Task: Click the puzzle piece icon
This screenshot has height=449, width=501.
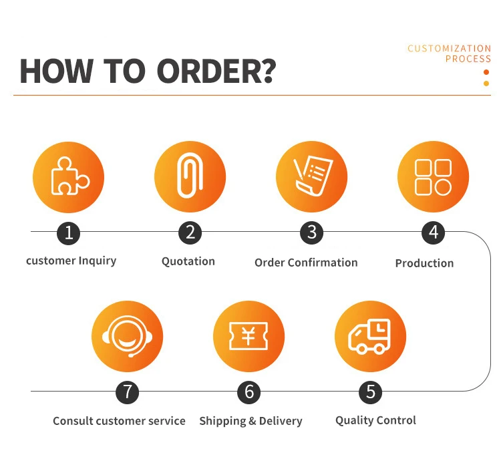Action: tap(69, 177)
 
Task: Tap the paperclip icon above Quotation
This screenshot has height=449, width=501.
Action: tap(190, 177)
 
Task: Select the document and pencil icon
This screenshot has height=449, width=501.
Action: tap(311, 177)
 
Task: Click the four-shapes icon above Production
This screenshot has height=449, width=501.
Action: tap(433, 177)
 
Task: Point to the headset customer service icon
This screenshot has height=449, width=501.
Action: tap(128, 336)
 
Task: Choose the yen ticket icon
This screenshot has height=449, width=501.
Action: tap(248, 336)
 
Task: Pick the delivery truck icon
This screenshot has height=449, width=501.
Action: tap(370, 336)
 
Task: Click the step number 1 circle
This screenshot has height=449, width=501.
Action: tap(69, 233)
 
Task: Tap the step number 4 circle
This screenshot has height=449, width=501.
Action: tap(433, 233)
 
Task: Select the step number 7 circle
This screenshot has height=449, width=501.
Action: tap(128, 392)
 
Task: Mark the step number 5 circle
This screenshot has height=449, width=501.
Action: tap(370, 392)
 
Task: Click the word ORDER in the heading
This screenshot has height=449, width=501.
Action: tap(216, 71)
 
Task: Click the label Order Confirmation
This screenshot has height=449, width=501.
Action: tap(306, 263)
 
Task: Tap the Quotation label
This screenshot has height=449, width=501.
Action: tap(188, 261)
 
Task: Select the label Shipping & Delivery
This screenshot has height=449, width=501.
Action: tap(251, 421)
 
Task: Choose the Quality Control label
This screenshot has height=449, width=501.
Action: tap(375, 420)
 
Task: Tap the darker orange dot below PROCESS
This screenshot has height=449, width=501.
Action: tap(486, 72)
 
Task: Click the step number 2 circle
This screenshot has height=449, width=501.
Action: tap(190, 233)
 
